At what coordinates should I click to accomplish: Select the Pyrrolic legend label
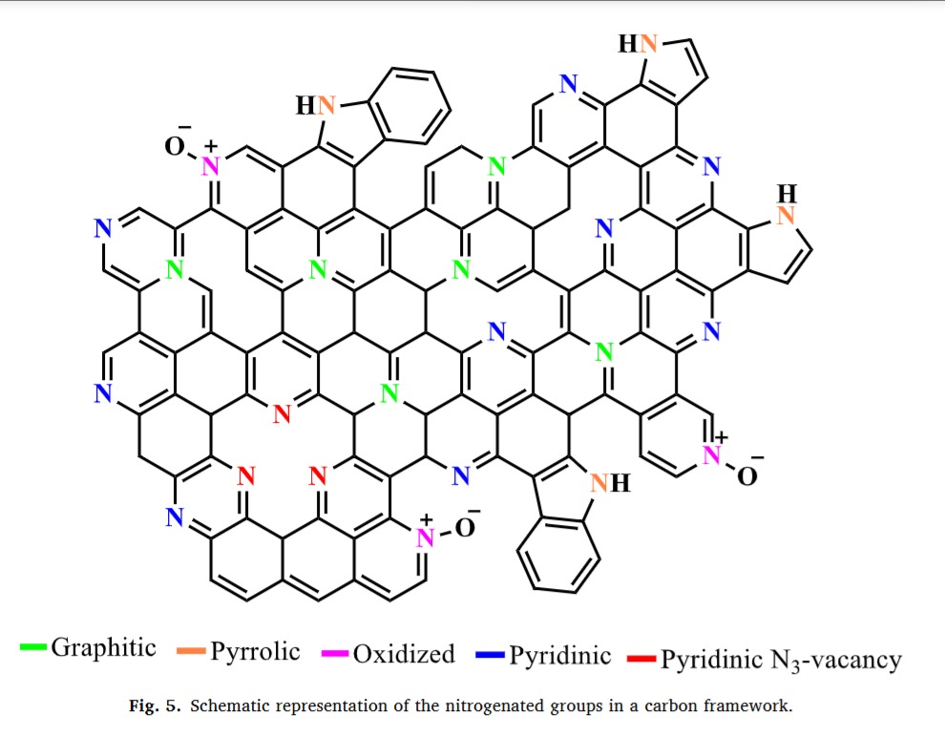(x=255, y=652)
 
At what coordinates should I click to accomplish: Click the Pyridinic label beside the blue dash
(x=559, y=656)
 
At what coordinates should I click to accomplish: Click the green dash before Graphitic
(x=33, y=648)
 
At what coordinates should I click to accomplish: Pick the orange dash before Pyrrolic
(x=191, y=653)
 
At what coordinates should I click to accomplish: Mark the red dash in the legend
(x=641, y=659)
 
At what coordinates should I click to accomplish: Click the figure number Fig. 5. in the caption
(x=150, y=707)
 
